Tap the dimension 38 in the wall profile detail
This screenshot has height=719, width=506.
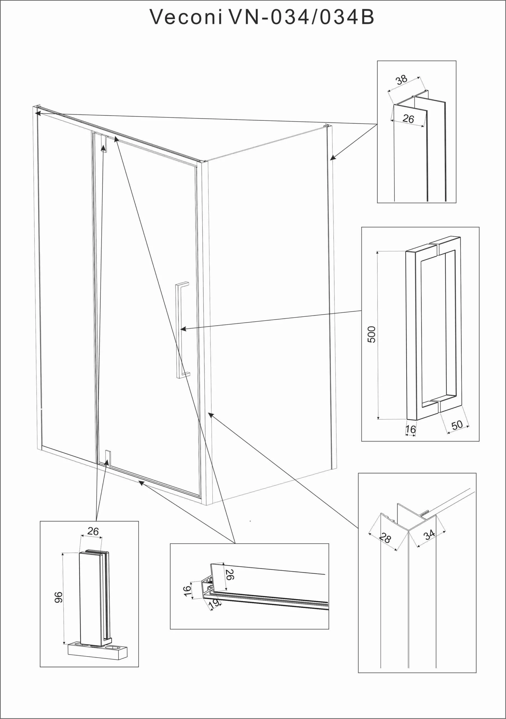pyautogui.click(x=402, y=80)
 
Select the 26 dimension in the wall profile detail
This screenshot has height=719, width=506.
pyautogui.click(x=408, y=119)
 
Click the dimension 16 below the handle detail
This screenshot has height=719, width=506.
pyautogui.click(x=411, y=429)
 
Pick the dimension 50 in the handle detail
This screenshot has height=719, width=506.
pyautogui.click(x=457, y=425)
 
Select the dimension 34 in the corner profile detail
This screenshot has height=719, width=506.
pyautogui.click(x=429, y=534)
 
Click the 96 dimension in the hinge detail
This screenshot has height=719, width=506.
pyautogui.click(x=59, y=597)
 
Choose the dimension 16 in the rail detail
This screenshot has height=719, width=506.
pyautogui.click(x=187, y=591)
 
